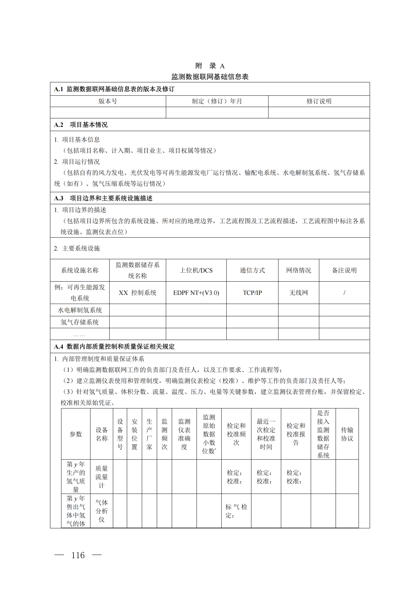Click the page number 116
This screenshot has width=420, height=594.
[78, 555]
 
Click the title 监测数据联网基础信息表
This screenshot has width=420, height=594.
[210, 77]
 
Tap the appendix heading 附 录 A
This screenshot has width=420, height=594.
[210, 66]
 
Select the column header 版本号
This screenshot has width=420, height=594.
[108, 101]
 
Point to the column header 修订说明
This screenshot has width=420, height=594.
[319, 101]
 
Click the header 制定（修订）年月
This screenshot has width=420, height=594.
[217, 101]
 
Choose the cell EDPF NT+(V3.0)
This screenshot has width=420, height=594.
[196, 293]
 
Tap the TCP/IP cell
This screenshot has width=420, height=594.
[252, 293]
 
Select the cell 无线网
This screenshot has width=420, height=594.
[298, 293]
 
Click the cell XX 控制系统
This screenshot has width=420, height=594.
[138, 293]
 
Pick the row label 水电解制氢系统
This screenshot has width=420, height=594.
[80, 310]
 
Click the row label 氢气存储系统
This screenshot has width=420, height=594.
[80, 322]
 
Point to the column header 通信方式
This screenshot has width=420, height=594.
[252, 270]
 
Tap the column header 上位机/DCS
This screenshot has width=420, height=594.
[196, 270]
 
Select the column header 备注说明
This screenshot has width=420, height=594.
[344, 270]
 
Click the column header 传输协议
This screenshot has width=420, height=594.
[347, 434]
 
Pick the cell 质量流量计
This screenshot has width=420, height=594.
[101, 477]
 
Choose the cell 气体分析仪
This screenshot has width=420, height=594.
[101, 511]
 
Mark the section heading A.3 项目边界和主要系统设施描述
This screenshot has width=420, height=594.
[103, 198]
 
